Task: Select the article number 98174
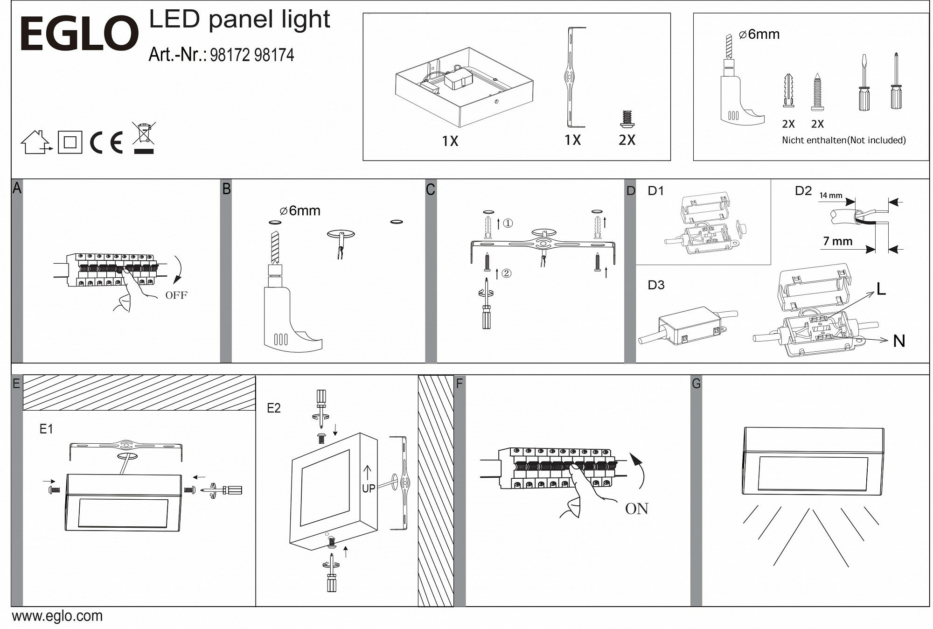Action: [x=275, y=55]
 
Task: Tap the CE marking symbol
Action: [x=106, y=142]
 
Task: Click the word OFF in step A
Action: [x=176, y=295]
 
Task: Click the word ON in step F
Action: [x=637, y=509]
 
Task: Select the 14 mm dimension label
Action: [x=830, y=196]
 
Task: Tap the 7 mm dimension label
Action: [x=838, y=241]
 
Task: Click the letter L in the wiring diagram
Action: [x=881, y=289]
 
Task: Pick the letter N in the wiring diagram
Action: [x=899, y=341]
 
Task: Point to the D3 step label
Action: [x=656, y=285]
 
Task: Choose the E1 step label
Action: [x=46, y=429]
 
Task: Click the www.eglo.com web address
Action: [x=57, y=616]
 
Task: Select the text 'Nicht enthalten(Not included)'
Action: [x=843, y=140]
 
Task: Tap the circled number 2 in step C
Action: [x=507, y=273]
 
